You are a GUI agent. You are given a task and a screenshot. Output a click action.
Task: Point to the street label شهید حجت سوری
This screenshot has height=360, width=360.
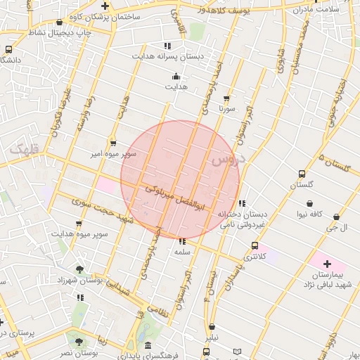point(103,214)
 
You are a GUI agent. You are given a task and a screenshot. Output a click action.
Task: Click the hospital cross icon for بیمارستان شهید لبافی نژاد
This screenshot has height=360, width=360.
point(328,263)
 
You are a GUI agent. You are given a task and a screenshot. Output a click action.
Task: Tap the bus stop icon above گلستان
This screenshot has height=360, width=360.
point(302,174)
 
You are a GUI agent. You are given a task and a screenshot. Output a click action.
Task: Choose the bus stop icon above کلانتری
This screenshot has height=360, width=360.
point(255,246)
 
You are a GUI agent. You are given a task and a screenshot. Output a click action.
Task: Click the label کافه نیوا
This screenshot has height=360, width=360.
point(309,214)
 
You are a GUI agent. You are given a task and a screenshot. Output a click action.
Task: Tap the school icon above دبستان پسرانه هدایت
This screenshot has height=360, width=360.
point(167,45)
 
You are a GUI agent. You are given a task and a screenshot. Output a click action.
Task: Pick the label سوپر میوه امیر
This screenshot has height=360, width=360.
point(109,153)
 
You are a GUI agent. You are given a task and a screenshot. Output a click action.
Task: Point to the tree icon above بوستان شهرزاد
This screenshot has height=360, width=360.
point(79,269)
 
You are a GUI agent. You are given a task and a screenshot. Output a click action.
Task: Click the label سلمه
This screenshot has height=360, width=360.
point(183,251)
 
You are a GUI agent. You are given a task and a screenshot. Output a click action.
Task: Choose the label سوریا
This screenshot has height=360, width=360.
point(226,110)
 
